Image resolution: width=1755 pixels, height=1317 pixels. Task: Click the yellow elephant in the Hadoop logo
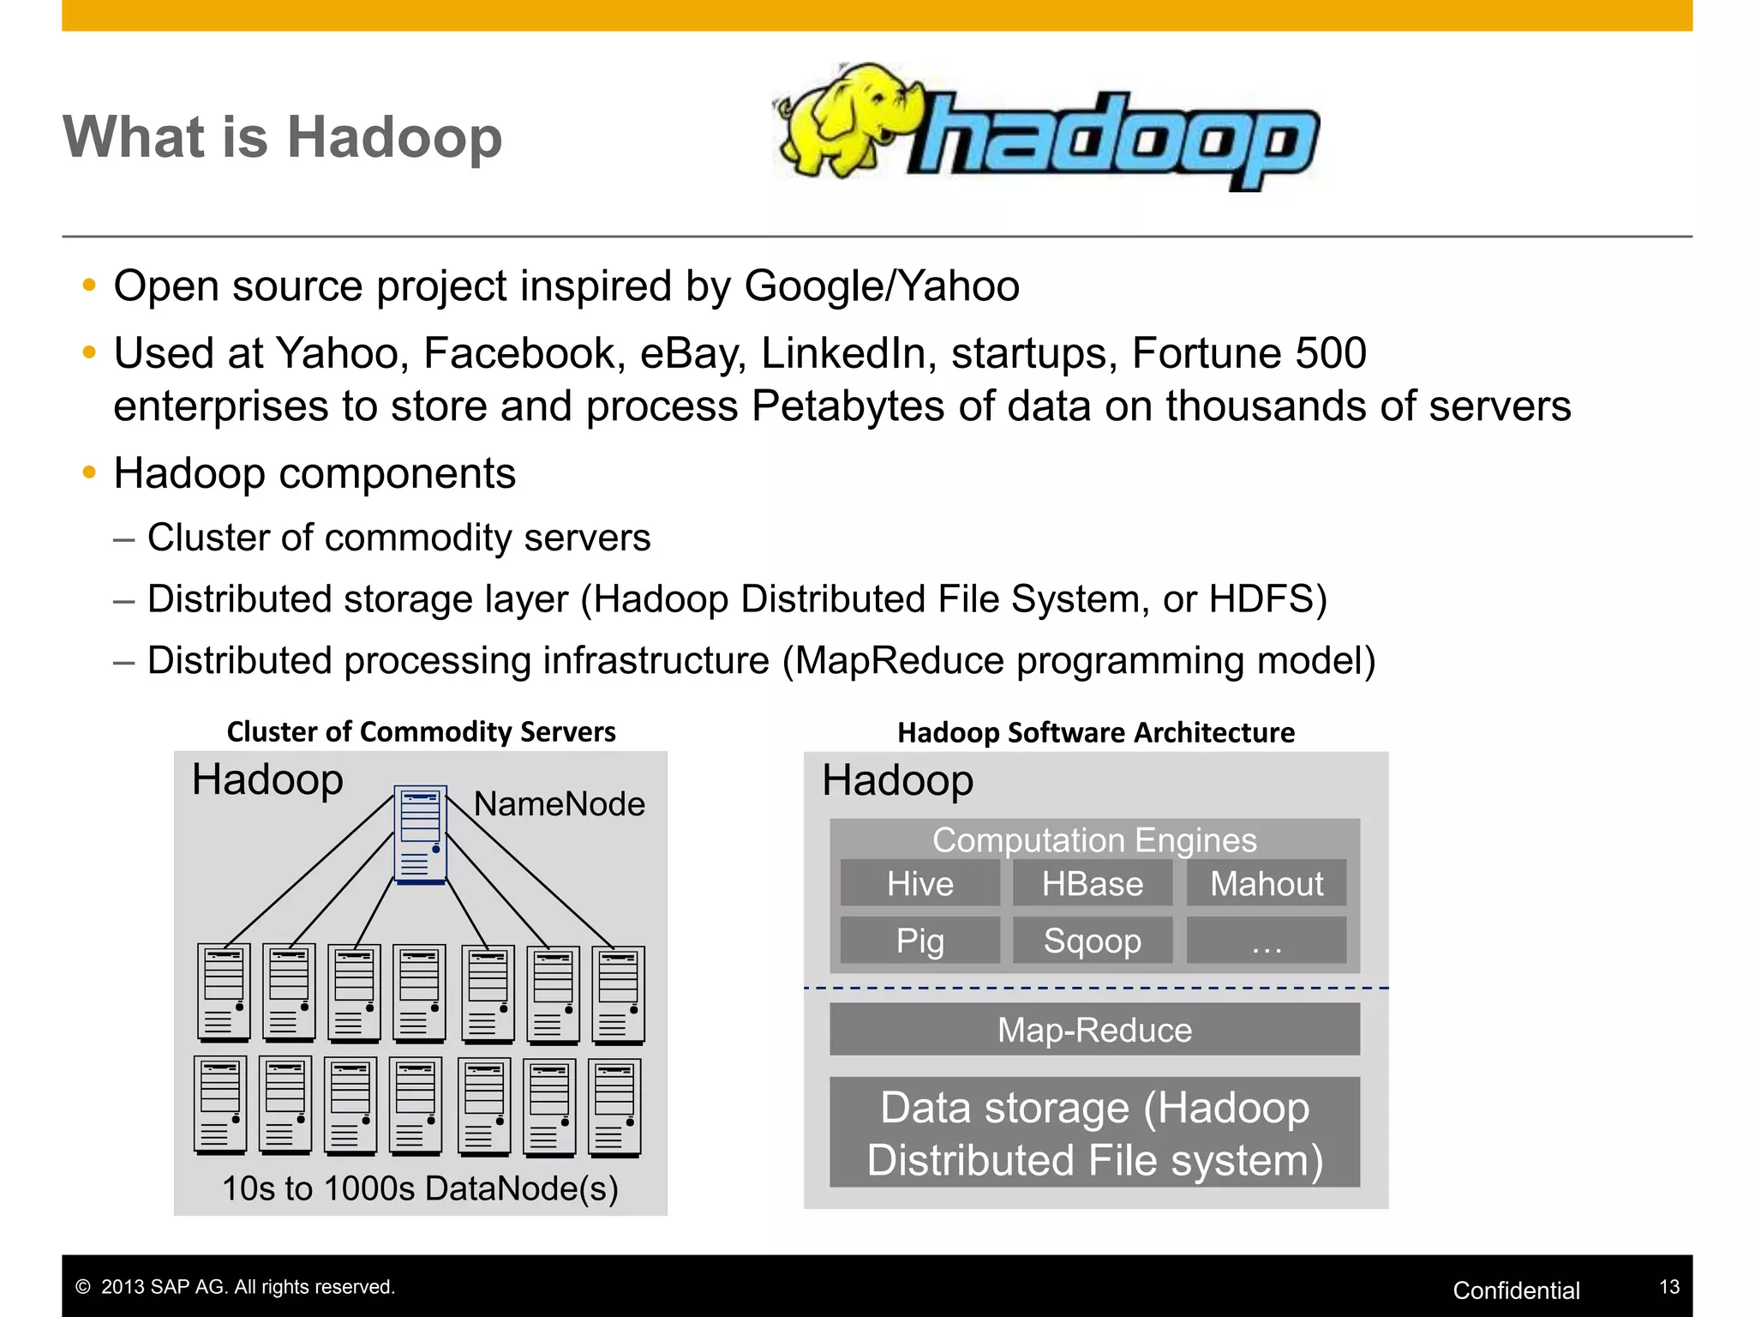click(x=844, y=120)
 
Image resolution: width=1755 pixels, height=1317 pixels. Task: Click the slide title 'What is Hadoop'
click(x=282, y=137)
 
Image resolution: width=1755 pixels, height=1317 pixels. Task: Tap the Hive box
click(x=919, y=883)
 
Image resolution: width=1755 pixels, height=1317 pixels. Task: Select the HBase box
click(x=1093, y=883)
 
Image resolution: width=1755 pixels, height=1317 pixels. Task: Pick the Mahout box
click(x=1266, y=883)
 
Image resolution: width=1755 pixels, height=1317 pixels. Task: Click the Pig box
click(x=919, y=941)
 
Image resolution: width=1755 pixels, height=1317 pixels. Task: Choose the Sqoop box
click(x=1093, y=941)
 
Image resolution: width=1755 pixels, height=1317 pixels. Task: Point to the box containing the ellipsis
click(x=1266, y=941)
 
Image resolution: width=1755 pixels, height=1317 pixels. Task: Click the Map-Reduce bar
click(x=1094, y=1030)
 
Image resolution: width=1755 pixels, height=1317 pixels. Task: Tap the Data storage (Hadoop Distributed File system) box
click(x=1094, y=1133)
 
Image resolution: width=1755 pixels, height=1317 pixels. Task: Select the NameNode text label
click(x=559, y=804)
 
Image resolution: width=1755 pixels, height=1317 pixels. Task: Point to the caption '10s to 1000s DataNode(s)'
click(x=420, y=1188)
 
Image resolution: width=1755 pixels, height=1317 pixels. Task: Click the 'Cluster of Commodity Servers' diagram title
click(x=421, y=731)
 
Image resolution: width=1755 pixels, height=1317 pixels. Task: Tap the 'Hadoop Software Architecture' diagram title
click(x=1096, y=732)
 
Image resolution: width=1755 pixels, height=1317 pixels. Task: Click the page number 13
click(x=1669, y=1286)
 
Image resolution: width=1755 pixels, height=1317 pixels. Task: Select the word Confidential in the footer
click(x=1516, y=1290)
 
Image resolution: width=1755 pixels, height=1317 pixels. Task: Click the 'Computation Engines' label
click(x=1094, y=839)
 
